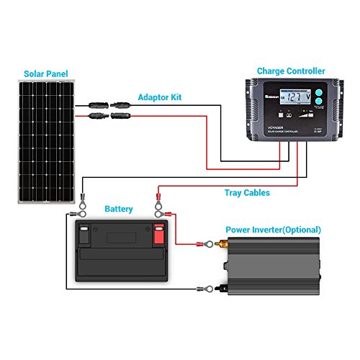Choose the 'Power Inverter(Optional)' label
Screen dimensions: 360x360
pyautogui.click(x=274, y=230)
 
